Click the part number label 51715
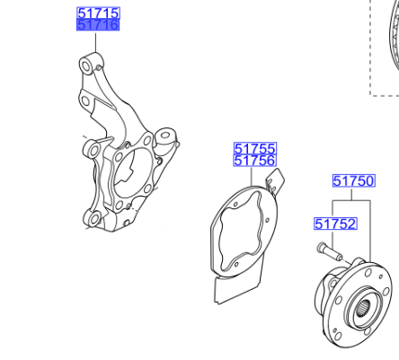98,13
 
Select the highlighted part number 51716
98,25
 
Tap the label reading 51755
255,149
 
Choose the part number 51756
255,161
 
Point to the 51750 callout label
354,181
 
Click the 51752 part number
335,224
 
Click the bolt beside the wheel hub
330,252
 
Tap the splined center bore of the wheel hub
362,310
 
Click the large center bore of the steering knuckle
133,173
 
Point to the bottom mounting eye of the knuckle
93,219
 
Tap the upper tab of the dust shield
276,180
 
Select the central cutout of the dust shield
240,229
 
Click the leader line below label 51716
95,43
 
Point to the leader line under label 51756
252,176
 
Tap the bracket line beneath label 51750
351,201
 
